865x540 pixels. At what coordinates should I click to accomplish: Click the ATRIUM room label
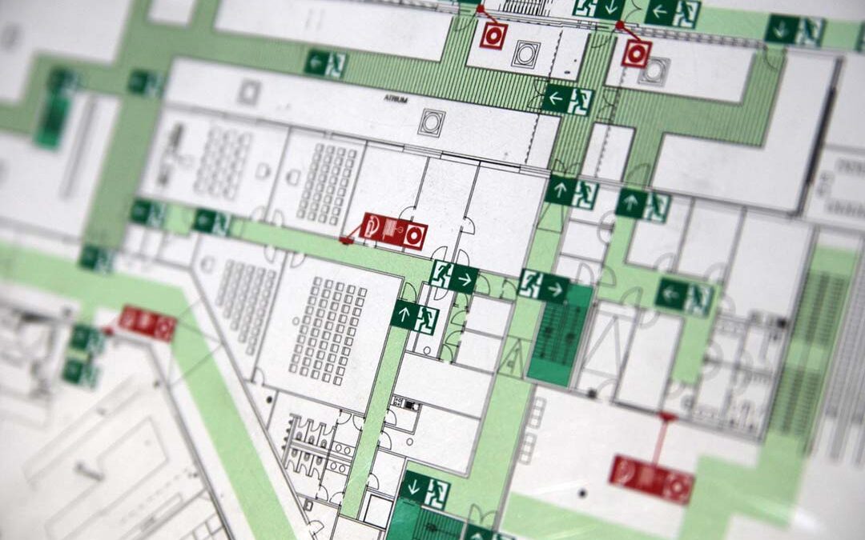[x=396, y=101]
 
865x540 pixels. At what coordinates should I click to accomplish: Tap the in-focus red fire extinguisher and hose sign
[x=393, y=231]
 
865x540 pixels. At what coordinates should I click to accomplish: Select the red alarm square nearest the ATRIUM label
[x=493, y=35]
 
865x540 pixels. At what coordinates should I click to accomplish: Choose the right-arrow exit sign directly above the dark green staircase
[x=544, y=286]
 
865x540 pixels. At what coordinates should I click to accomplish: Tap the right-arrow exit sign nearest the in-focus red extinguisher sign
[x=454, y=276]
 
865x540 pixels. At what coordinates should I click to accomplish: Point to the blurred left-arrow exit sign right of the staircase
[x=684, y=296]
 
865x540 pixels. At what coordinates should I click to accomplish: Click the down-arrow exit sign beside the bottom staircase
[x=425, y=489]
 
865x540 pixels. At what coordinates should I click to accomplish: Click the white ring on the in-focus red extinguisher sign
[x=413, y=236]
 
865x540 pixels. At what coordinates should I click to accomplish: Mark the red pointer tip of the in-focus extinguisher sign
[x=343, y=239]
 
